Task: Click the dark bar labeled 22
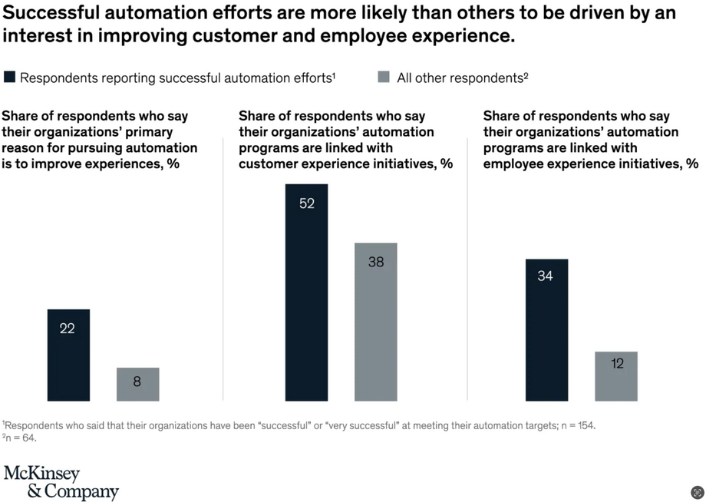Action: click(68, 355)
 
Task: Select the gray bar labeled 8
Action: click(137, 384)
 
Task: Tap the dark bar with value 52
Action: click(306, 292)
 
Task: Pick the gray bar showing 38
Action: click(375, 322)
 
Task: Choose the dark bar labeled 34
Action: click(546, 329)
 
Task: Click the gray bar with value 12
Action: click(615, 376)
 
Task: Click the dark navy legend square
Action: click(9, 77)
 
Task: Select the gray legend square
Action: click(384, 77)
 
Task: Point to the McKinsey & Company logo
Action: click(61, 482)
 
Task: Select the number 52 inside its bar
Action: click(306, 203)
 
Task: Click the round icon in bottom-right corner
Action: click(697, 492)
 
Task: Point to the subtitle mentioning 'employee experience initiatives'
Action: click(590, 140)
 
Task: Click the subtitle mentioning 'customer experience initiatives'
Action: click(345, 140)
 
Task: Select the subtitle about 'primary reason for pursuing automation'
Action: click(100, 140)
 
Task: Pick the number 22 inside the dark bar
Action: click(68, 329)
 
